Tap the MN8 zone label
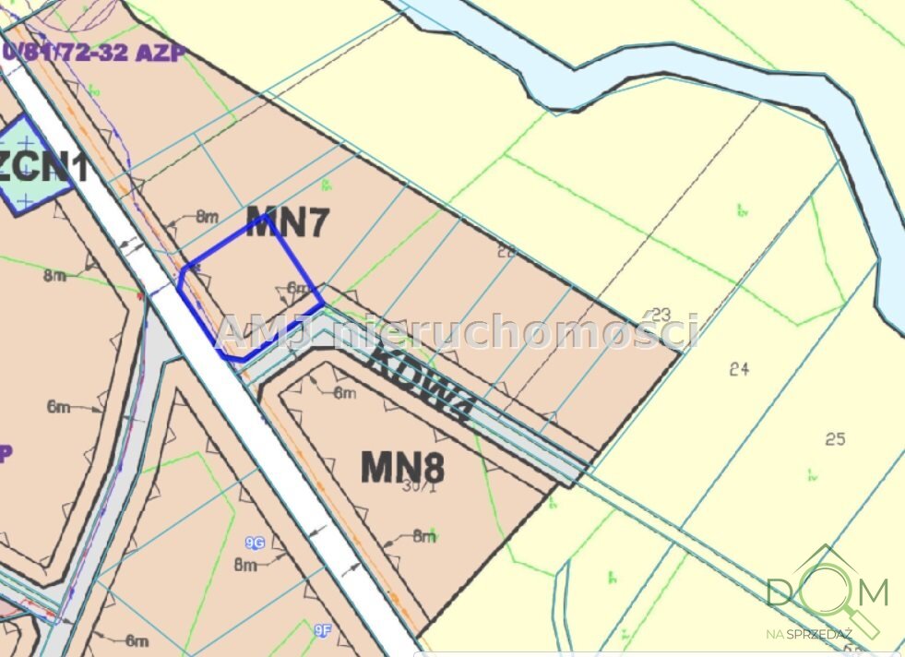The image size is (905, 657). (402, 467)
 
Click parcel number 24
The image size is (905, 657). (738, 369)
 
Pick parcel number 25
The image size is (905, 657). (835, 439)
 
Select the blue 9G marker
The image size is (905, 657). (255, 544)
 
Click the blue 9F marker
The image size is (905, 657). (322, 631)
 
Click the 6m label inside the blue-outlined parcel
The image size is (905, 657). (297, 289)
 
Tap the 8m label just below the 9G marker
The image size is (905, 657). (244, 565)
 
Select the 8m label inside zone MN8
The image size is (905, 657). (423, 535)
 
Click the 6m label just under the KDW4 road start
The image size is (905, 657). (344, 393)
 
